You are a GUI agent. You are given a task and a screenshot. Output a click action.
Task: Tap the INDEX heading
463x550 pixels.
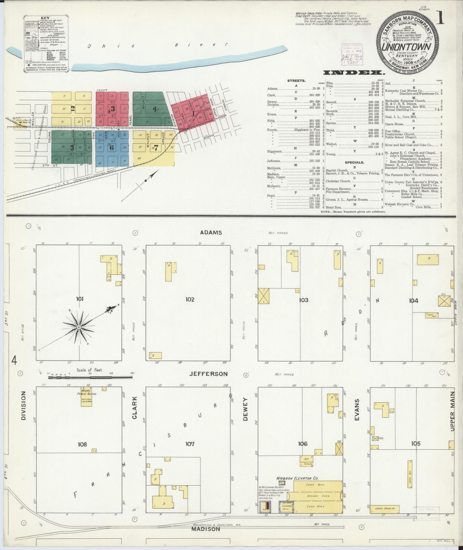click(x=354, y=73)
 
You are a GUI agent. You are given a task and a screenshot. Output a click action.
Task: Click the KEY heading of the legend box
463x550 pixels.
click(x=45, y=18)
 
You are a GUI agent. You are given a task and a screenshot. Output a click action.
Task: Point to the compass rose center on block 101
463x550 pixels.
click(x=78, y=327)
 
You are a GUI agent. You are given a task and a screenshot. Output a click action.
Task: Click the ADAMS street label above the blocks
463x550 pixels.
click(x=211, y=232)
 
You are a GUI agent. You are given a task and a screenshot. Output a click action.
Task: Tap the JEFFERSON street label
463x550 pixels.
click(x=208, y=374)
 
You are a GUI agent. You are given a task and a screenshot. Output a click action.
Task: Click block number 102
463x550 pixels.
click(x=189, y=299)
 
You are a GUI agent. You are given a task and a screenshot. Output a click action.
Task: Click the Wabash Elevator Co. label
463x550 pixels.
click(x=298, y=478)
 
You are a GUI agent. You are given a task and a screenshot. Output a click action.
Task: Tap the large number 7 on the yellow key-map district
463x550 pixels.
click(x=156, y=148)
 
